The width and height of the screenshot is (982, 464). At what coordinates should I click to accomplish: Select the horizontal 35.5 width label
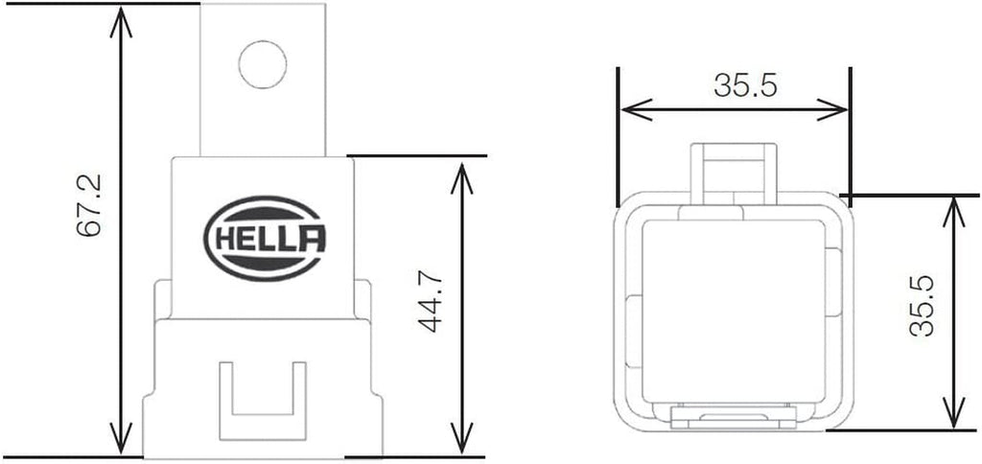[744, 85]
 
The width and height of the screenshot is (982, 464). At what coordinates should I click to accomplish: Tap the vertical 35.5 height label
[922, 307]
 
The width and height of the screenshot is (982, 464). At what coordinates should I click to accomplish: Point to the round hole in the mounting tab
[262, 65]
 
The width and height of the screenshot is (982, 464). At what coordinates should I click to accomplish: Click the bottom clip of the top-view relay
[734, 417]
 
